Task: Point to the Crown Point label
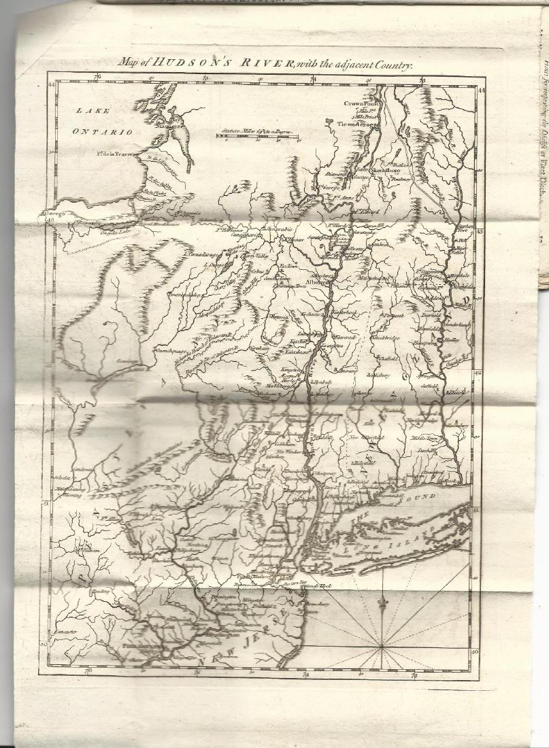pos(360,103)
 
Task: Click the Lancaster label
pos(69,632)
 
